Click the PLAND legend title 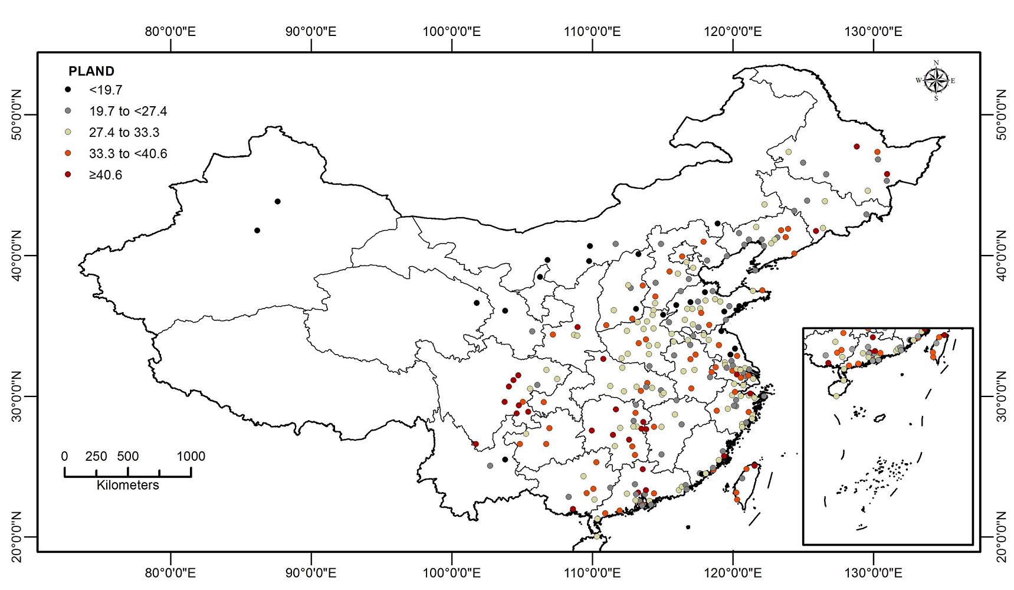(91, 71)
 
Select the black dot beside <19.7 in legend (68, 90)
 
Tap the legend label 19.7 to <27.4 (128, 111)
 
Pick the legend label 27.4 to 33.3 (124, 132)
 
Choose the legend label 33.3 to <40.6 (128, 153)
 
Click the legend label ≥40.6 (106, 175)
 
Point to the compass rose (936, 81)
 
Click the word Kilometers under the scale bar (127, 485)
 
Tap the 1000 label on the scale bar (191, 456)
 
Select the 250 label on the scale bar (96, 456)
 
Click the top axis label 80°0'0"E (170, 31)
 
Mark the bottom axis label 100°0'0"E (452, 572)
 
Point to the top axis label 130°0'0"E (874, 31)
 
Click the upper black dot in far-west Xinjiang (278, 202)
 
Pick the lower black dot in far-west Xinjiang (257, 231)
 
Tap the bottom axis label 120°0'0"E (733, 572)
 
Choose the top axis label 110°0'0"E (592, 31)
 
